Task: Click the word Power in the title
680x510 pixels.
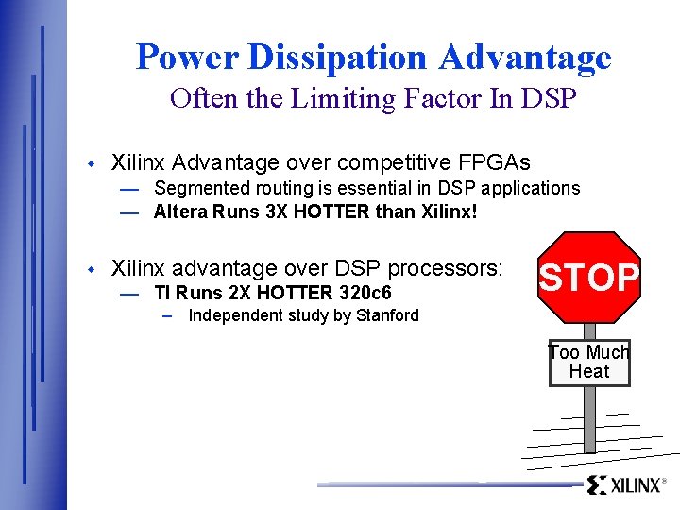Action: [187, 58]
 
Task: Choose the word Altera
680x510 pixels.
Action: [180, 212]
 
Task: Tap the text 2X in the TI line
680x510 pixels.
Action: [246, 293]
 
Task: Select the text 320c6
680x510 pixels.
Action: [365, 293]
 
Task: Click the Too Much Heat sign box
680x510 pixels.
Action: [589, 362]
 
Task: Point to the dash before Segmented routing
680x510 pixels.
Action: [130, 189]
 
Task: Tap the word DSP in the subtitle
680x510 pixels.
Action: [548, 99]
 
